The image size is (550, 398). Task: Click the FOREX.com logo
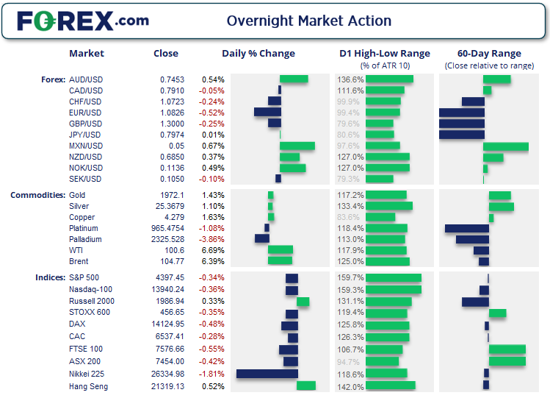(82, 21)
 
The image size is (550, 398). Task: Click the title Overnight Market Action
(308, 21)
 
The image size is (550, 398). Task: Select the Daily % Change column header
(258, 53)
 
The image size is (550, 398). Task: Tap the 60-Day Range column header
(489, 53)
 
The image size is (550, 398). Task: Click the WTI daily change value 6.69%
(213, 250)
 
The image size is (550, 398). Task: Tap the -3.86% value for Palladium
(212, 239)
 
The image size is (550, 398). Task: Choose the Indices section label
(49, 277)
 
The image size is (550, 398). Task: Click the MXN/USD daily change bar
(297, 146)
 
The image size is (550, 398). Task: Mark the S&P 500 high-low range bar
(393, 278)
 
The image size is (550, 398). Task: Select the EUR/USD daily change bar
(267, 113)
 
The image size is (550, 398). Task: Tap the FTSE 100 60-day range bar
(507, 349)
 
